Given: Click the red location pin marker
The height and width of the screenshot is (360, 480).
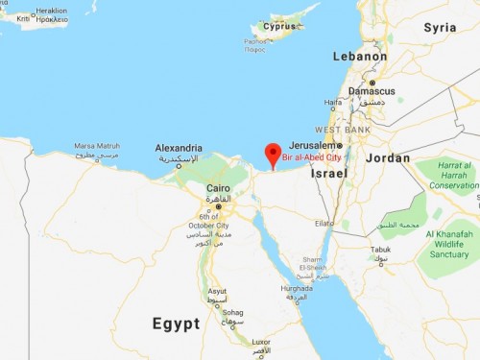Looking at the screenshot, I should coord(273,155).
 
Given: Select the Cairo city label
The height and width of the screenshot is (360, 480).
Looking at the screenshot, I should coord(218,188).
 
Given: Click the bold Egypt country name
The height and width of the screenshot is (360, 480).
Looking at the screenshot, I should coord(176,324).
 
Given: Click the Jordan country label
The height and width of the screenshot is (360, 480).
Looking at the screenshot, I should coord(387,157).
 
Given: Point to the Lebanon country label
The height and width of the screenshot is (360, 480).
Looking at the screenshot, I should coord(360,57).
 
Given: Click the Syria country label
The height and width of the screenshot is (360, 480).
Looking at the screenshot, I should coord(440,27).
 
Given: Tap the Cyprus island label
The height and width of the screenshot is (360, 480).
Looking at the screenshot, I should coord(280,26).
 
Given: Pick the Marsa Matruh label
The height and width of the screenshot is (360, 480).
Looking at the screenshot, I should coord(95,146).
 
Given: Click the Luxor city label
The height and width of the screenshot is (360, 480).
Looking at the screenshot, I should coord(261,342).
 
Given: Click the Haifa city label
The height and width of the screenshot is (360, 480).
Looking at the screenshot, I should coord(333,102).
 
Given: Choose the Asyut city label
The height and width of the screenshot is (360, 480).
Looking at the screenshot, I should coord(217,291).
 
